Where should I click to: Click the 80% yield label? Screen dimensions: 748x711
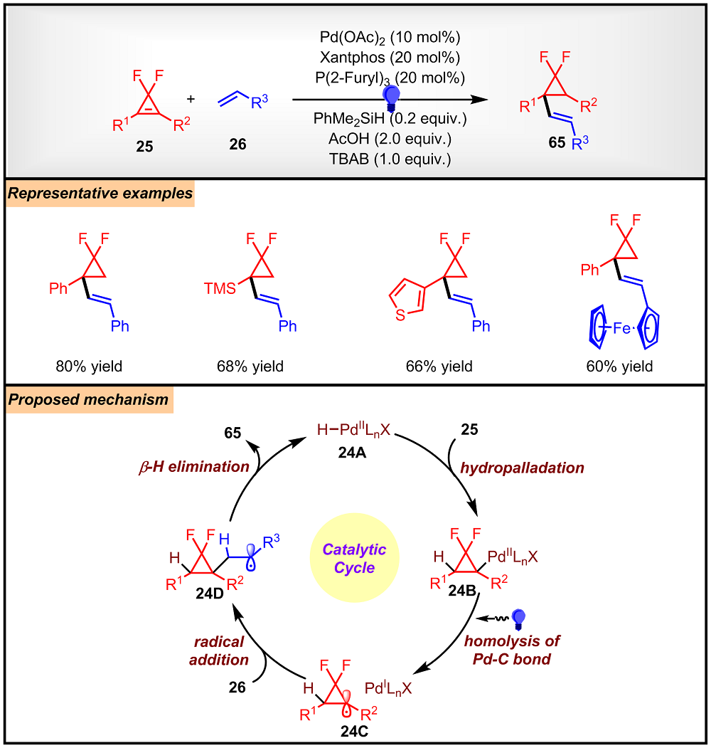coord(90,367)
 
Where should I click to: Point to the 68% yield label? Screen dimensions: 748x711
coord(250,367)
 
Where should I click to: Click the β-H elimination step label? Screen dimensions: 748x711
coord(194,467)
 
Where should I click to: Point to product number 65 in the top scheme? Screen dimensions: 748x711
coord(555,143)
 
